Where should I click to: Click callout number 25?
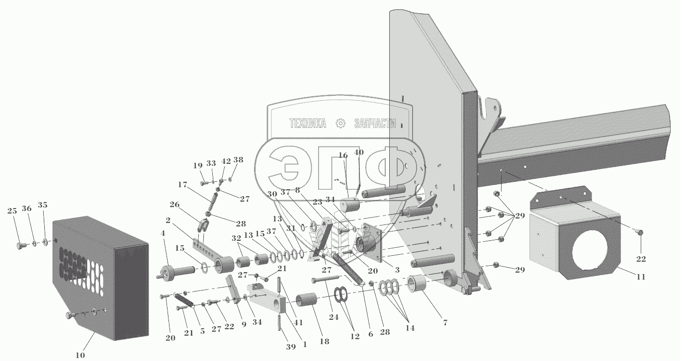tap(12, 211)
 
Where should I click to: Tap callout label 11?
tap(641, 277)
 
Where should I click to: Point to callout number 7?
tap(445, 323)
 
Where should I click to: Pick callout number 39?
tap(276, 346)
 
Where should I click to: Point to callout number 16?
tap(343, 155)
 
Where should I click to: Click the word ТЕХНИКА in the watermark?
tap(307, 124)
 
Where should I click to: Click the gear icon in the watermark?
tap(340, 123)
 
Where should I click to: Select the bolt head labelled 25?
tap(21, 246)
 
